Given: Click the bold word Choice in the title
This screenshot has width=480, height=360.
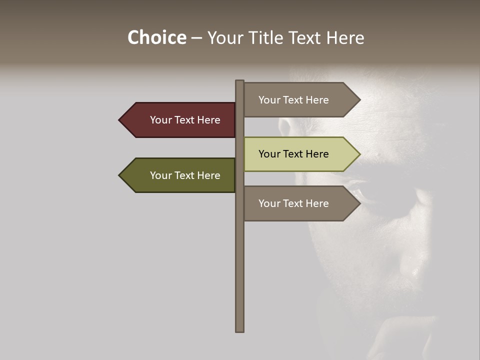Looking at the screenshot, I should (156, 37).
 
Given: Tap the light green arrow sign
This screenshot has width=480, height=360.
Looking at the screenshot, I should (300, 154).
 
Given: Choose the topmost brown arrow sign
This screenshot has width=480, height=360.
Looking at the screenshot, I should (300, 100).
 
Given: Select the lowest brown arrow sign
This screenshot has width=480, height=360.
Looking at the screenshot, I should (300, 203).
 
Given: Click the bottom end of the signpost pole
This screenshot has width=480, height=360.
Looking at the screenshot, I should (240, 330).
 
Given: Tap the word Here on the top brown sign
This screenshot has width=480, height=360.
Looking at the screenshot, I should (316, 100).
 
